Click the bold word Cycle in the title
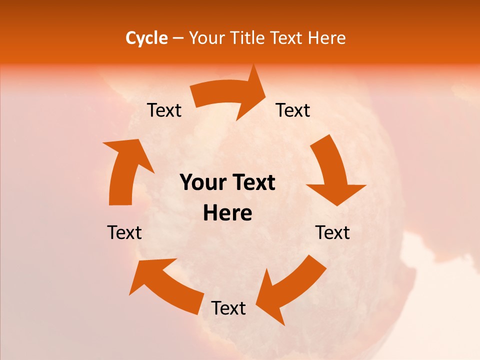pyautogui.click(x=146, y=38)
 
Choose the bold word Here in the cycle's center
pyautogui.click(x=227, y=213)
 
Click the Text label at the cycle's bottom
pyautogui.click(x=228, y=308)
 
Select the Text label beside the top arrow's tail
pyautogui.click(x=164, y=110)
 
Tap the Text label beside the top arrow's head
pyautogui.click(x=293, y=110)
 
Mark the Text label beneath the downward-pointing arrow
pyautogui.click(x=332, y=232)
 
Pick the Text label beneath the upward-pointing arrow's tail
pyautogui.click(x=124, y=232)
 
